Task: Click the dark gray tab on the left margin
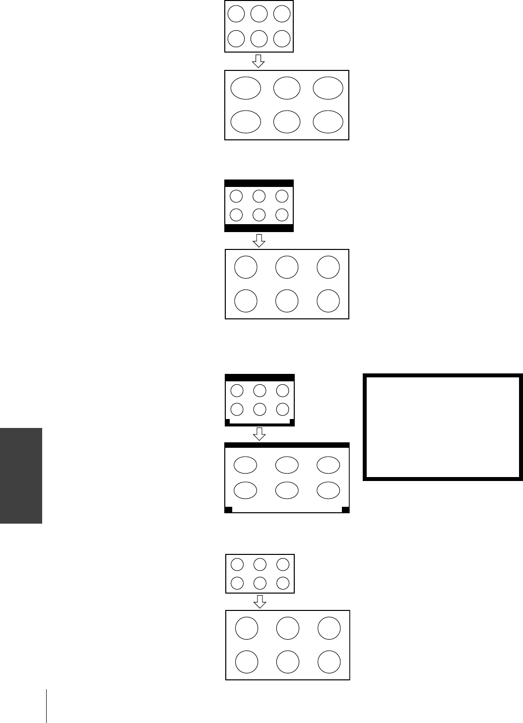pyautogui.click(x=21, y=476)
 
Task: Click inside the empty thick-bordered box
pyautogui.click(x=443, y=427)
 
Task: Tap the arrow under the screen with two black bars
pyautogui.click(x=259, y=241)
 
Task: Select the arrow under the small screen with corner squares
pyautogui.click(x=260, y=434)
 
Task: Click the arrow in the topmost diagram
pyautogui.click(x=259, y=61)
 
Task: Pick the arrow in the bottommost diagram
pyautogui.click(x=260, y=602)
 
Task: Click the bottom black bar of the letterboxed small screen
pyautogui.click(x=259, y=228)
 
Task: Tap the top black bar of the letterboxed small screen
pyautogui.click(x=259, y=183)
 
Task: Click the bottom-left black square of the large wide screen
pyautogui.click(x=229, y=510)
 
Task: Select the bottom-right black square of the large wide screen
pyautogui.click(x=346, y=510)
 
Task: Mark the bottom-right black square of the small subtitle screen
pyautogui.click(x=292, y=422)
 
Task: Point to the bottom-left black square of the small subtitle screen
pyautogui.click(x=228, y=422)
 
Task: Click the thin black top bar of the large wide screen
pyautogui.click(x=287, y=445)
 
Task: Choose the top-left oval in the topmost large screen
pyautogui.click(x=246, y=88)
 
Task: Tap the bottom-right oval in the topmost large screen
pyautogui.click(x=328, y=121)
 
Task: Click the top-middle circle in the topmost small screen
pyautogui.click(x=259, y=14)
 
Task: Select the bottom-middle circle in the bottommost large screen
pyautogui.click(x=288, y=662)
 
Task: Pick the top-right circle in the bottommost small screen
pyautogui.click(x=283, y=564)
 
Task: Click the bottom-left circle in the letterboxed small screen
pyautogui.click(x=236, y=215)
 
